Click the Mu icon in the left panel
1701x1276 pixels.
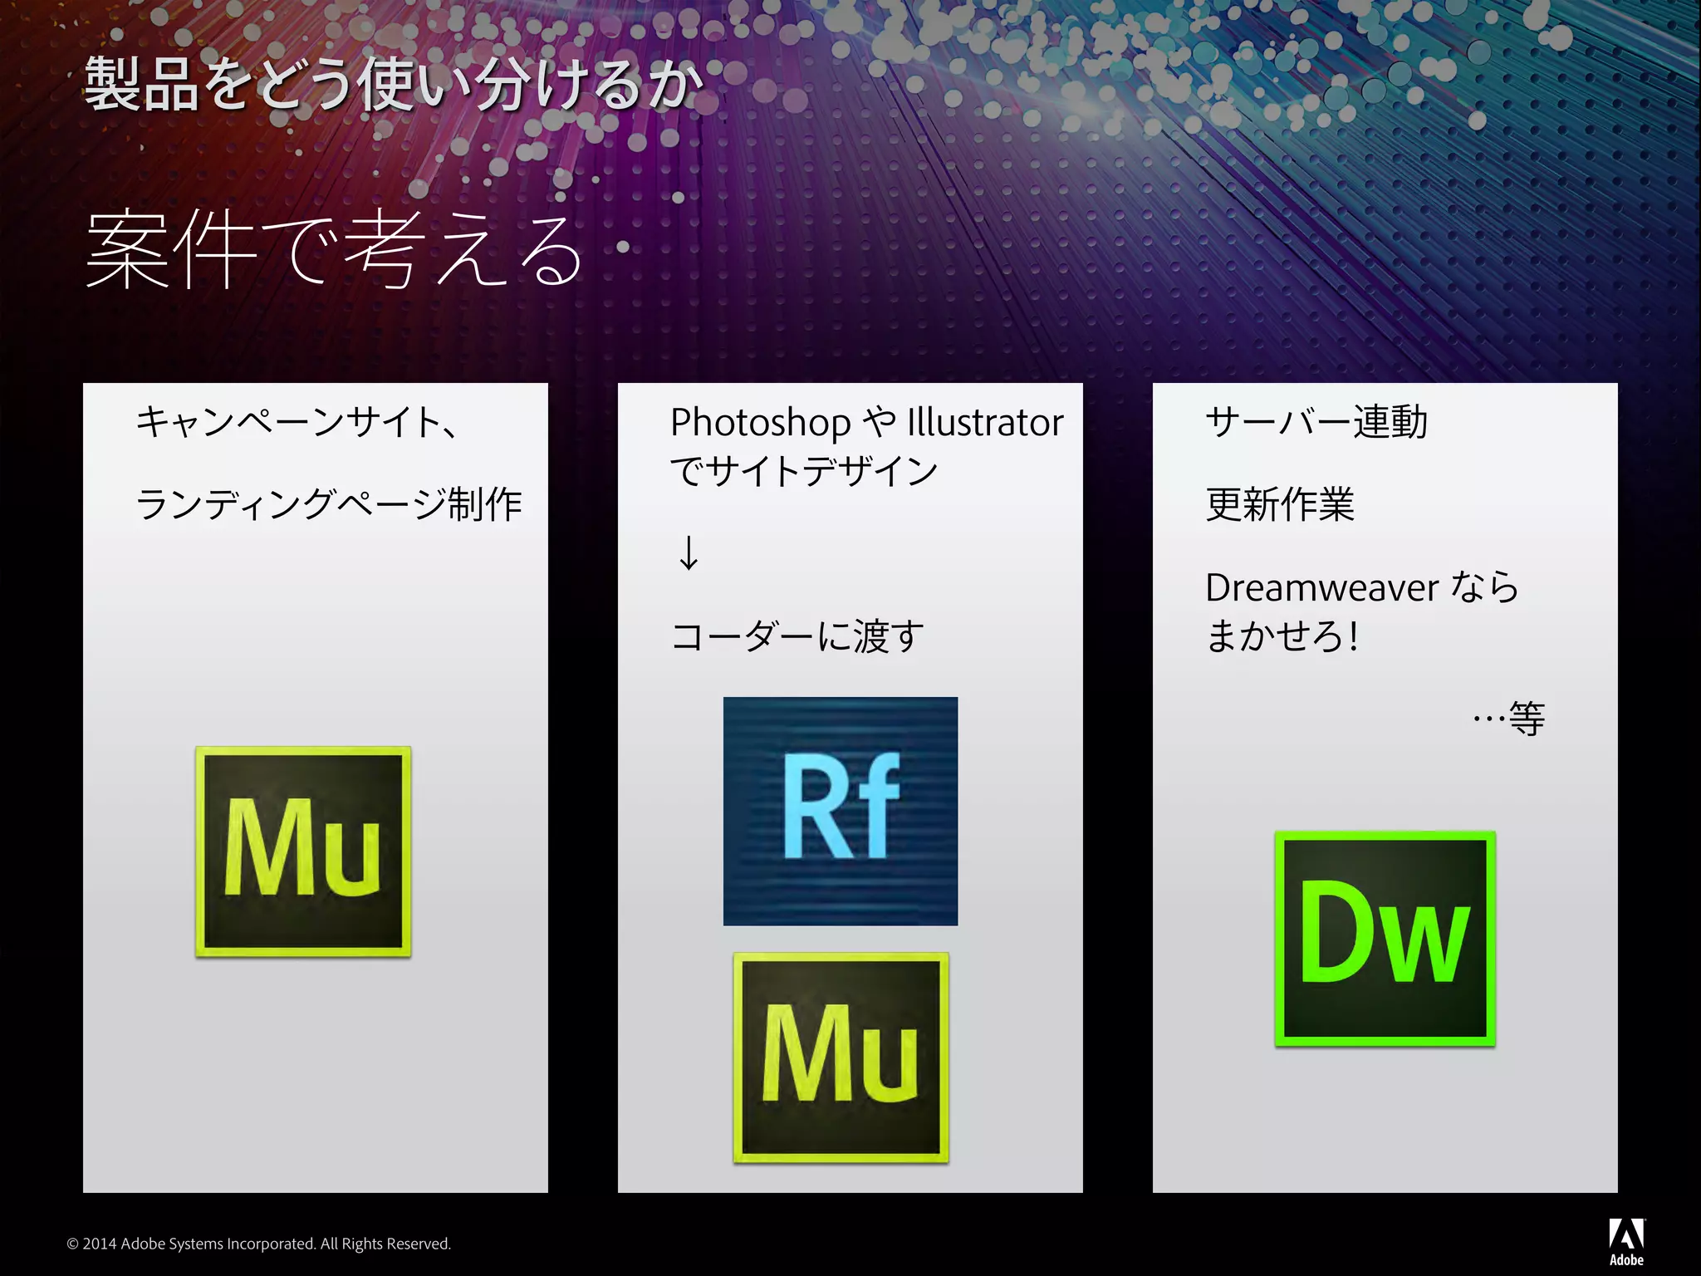click(x=303, y=851)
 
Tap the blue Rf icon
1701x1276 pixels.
click(x=841, y=811)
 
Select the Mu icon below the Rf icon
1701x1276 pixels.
click(x=841, y=1058)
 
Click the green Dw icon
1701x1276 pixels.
click(x=1385, y=938)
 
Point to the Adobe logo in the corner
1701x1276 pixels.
click(x=1626, y=1241)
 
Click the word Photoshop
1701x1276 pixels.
click(x=760, y=423)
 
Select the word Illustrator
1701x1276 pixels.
click(x=985, y=423)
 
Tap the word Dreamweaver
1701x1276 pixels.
click(x=1321, y=588)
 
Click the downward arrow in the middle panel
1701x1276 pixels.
click(x=689, y=553)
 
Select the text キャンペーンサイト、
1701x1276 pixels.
click(x=297, y=422)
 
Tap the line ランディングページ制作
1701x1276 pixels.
click(x=329, y=504)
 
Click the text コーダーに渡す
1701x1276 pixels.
click(x=797, y=636)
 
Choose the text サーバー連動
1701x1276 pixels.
click(x=1316, y=422)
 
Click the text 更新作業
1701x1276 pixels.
click(x=1280, y=504)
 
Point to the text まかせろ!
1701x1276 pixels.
click(x=1282, y=636)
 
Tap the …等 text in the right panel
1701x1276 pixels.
click(x=1509, y=719)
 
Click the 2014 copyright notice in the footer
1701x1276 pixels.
click(x=259, y=1244)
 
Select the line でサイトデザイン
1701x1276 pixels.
click(x=804, y=471)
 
